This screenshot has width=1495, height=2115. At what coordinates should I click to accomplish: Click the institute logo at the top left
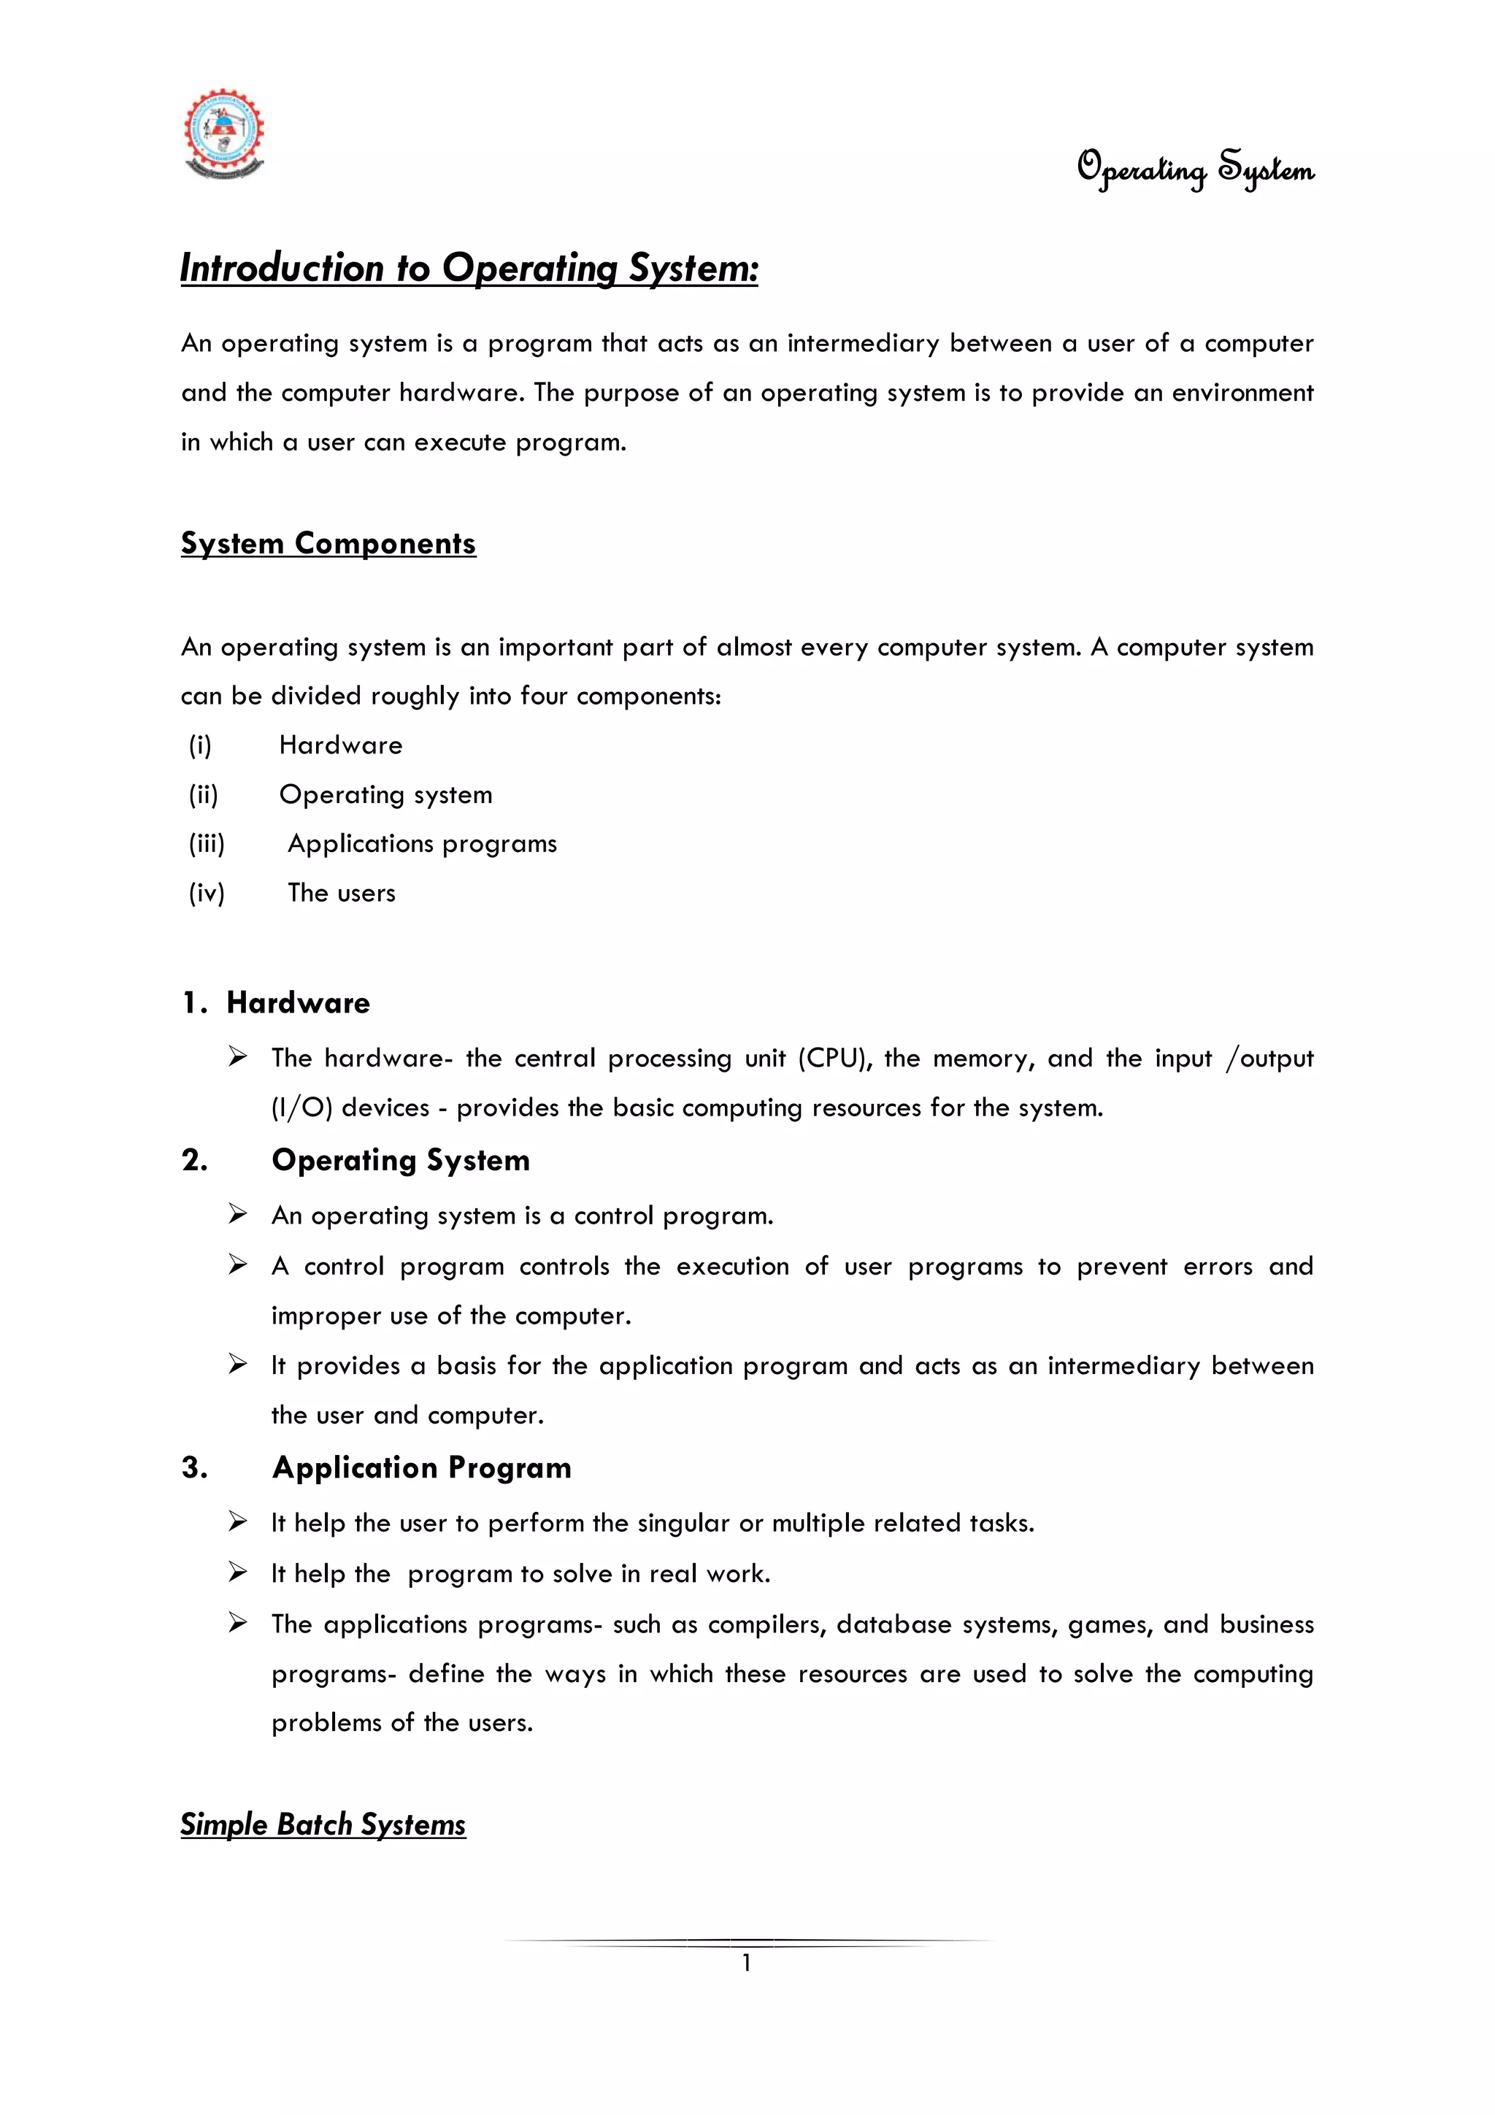tap(224, 134)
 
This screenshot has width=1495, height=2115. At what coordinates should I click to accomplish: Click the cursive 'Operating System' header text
tap(1195, 169)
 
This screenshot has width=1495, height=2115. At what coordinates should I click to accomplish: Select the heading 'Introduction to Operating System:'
tap(469, 268)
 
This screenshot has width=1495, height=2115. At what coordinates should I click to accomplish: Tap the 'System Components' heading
tap(328, 543)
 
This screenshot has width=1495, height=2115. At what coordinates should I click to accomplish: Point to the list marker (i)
tap(200, 745)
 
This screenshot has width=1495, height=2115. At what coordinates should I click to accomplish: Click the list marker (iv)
tap(207, 893)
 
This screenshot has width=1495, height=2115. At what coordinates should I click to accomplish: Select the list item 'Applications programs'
tap(422, 844)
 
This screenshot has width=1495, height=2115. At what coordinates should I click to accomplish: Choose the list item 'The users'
tap(341, 893)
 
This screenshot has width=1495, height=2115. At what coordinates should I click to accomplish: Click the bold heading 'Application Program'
tap(422, 1467)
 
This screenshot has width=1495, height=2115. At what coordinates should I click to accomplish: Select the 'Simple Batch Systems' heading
tap(323, 1824)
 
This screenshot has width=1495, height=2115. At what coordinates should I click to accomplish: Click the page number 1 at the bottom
tap(746, 1963)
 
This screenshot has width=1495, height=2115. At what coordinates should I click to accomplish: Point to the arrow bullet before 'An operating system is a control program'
tap(238, 1215)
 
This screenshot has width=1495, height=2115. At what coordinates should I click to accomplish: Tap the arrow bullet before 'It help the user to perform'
tap(238, 1521)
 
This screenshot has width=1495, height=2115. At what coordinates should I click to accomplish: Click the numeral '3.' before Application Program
tap(194, 1467)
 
